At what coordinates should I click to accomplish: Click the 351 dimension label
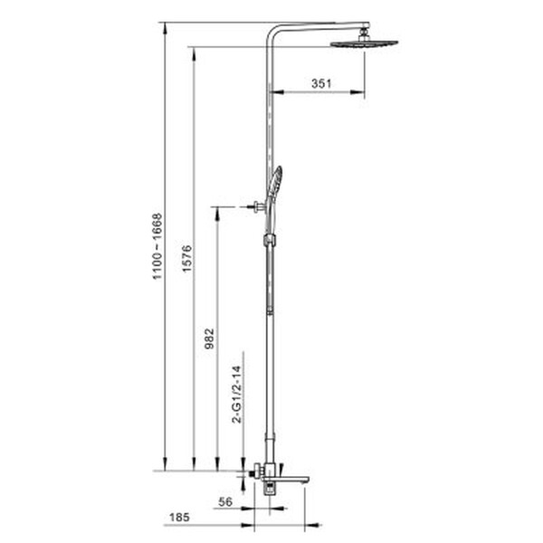click(321, 83)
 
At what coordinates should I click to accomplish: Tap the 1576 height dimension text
click(186, 259)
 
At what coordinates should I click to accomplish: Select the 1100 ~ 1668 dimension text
click(157, 246)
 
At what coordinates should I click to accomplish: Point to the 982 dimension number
click(210, 338)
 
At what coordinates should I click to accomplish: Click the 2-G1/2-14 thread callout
click(237, 394)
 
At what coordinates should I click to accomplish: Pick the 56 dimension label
click(225, 501)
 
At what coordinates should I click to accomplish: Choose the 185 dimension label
click(179, 518)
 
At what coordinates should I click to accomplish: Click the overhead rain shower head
click(365, 43)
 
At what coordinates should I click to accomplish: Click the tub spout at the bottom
click(291, 479)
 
